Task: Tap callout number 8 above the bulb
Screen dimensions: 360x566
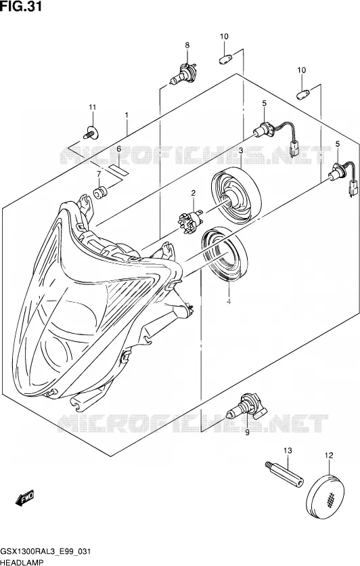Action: (187, 45)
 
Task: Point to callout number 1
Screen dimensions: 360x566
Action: (127, 115)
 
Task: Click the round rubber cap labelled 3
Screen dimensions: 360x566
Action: (235, 194)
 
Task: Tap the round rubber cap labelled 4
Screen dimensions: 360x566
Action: (224, 253)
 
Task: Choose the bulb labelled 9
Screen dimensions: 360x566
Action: (247, 407)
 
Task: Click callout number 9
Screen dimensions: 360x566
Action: (247, 433)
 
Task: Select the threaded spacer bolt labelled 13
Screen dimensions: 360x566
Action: (284, 473)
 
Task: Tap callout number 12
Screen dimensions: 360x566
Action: (329, 456)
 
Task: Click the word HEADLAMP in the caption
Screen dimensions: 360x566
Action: (22, 562)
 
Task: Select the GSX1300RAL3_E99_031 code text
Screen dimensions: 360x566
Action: (45, 552)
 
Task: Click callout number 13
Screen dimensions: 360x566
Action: (288, 450)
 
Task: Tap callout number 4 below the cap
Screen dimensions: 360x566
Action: (228, 302)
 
